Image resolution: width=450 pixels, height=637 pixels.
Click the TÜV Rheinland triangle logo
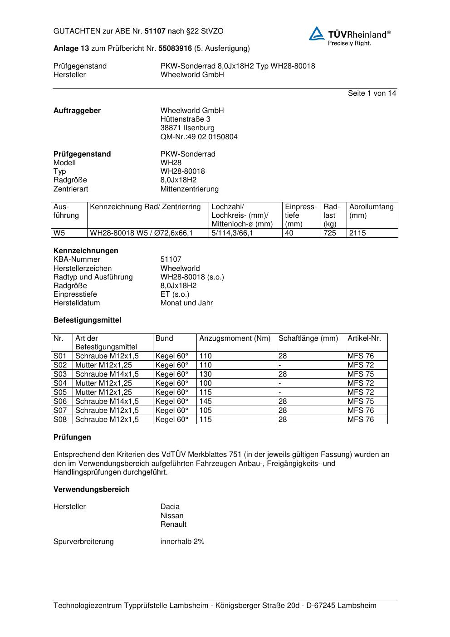click(x=317, y=34)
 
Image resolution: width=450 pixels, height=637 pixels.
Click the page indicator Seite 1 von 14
click(x=372, y=93)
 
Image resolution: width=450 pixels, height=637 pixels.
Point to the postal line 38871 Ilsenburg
click(x=187, y=128)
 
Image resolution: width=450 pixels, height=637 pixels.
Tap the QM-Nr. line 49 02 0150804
click(x=199, y=137)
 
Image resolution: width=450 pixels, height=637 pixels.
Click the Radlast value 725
click(x=330, y=233)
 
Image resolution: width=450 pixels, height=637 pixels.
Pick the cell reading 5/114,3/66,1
click(x=232, y=233)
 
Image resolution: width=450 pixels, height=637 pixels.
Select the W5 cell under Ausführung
click(x=59, y=233)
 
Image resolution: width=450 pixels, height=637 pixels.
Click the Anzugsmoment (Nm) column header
click(x=235, y=338)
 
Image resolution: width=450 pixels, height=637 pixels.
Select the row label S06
click(x=60, y=402)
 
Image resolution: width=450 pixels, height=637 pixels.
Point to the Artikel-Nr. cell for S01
click(x=361, y=356)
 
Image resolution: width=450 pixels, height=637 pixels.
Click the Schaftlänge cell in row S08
click(x=283, y=420)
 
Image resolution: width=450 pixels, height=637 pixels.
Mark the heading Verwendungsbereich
click(x=91, y=489)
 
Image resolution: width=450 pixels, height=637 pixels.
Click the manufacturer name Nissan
click(x=172, y=515)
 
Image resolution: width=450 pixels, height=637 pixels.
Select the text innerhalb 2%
click(x=182, y=541)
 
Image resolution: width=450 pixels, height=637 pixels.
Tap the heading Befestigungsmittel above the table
click(x=87, y=320)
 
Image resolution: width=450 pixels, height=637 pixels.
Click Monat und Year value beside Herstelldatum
click(x=186, y=303)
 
